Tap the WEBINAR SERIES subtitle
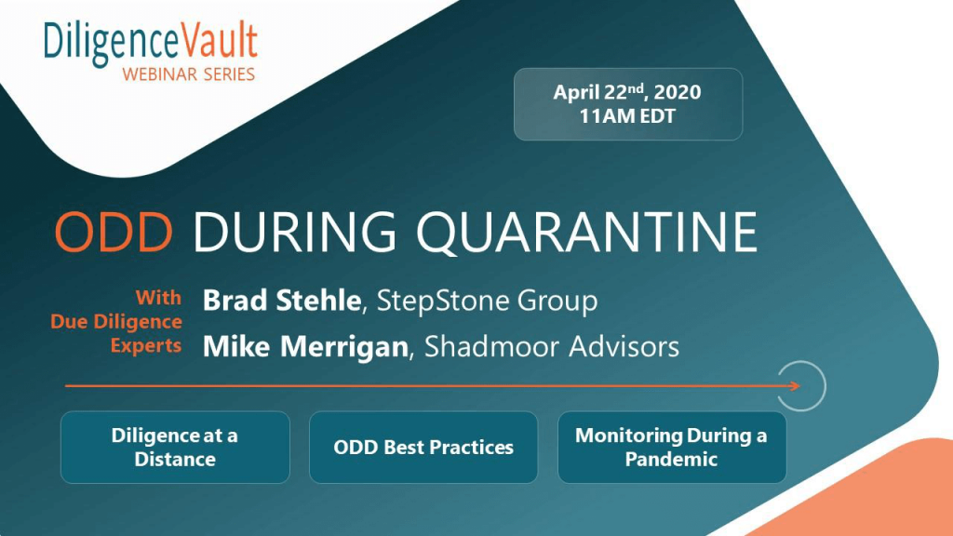tap(188, 74)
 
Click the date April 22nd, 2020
tap(627, 92)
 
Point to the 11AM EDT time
tap(627, 116)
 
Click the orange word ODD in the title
tap(114, 232)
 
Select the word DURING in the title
tap(295, 232)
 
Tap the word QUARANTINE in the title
tap(586, 232)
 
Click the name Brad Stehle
tap(282, 301)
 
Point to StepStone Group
tap(487, 301)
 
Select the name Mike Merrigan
tap(305, 346)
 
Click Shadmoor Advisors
tap(551, 346)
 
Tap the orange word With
tap(158, 297)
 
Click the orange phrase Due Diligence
tap(116, 321)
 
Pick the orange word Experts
tap(146, 345)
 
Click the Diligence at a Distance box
tap(175, 448)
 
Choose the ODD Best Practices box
tap(423, 448)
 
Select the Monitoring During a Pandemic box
tap(672, 448)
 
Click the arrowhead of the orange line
tap(795, 385)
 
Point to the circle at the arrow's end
tap(825, 385)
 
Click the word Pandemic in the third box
tap(672, 459)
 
